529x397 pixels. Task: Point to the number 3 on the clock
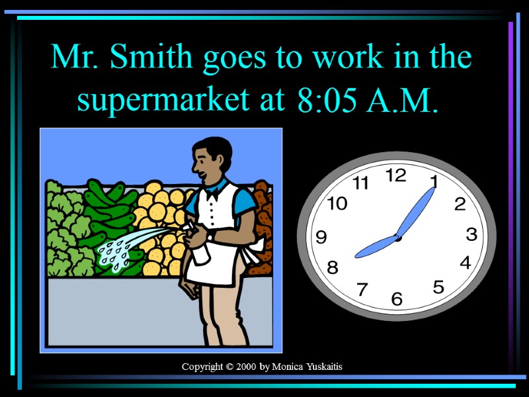tap(471, 234)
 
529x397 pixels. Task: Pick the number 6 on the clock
tap(396, 299)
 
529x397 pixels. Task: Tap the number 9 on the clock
tap(321, 236)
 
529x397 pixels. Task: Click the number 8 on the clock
tap(332, 268)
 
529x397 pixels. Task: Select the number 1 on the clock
tap(433, 181)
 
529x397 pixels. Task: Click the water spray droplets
tap(119, 251)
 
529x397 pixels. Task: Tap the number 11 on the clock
tap(360, 184)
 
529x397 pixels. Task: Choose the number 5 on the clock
tap(438, 287)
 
